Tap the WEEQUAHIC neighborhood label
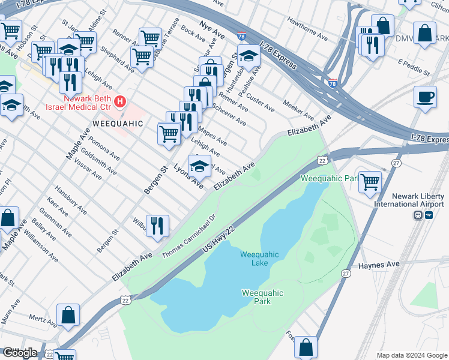118,124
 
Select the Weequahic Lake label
259,259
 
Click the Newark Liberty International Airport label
420,200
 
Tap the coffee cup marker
426,97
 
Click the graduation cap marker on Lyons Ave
199,165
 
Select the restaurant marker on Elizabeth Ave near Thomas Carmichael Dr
157,226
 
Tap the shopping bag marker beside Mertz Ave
68,314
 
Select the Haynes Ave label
379,265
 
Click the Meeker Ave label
299,110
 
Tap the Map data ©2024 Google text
411,355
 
